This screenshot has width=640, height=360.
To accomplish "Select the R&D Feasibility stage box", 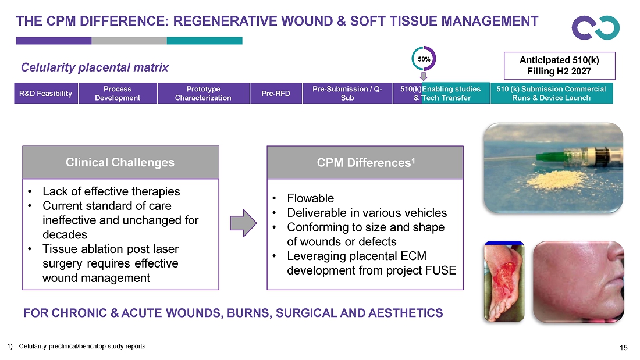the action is coord(46,93).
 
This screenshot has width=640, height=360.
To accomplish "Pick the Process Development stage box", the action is coord(118,93).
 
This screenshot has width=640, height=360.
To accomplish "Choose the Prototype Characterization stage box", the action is coord(203,93).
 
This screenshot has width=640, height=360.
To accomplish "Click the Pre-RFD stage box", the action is coord(276,93).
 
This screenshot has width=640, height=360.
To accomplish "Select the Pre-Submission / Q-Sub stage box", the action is coord(347,93).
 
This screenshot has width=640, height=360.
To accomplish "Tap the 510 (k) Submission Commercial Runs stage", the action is coord(552,93).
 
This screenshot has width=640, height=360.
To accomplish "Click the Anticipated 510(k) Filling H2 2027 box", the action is coord(559,66).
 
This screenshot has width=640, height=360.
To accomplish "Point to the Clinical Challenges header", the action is coord(120,162).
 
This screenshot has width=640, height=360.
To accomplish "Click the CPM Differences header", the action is coord(365,162).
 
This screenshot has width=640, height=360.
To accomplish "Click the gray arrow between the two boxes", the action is coord(243,223).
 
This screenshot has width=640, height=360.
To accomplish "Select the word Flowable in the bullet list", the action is coord(310,198).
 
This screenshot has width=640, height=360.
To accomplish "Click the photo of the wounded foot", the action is coord(504,281).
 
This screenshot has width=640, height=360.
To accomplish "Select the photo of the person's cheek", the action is coord(579,281).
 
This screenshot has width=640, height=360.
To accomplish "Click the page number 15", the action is coord(623,348).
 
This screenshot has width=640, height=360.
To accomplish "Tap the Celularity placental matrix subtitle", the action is coord(95,67).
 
